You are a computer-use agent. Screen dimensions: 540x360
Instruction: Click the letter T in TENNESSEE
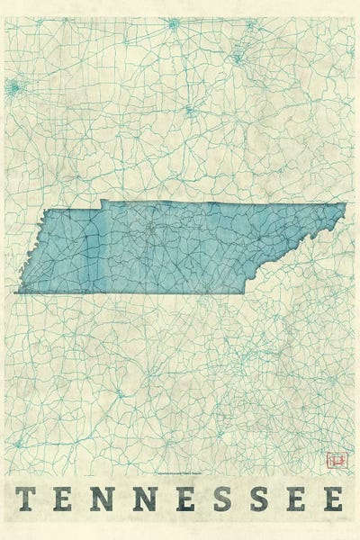[27, 498]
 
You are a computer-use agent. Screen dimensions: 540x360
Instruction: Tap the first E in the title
[67, 498]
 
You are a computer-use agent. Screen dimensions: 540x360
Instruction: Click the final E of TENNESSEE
[334, 498]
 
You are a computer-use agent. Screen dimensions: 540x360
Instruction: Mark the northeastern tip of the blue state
[345, 204]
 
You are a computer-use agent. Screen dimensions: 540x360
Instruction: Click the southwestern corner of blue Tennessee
[16, 292]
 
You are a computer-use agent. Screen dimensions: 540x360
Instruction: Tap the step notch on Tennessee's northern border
[101, 202]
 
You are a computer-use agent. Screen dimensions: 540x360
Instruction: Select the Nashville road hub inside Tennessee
[152, 230]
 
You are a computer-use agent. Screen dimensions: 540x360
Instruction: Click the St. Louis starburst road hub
[13, 87]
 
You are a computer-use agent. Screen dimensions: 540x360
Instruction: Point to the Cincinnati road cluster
[239, 56]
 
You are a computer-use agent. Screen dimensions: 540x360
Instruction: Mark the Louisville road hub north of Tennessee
[190, 112]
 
